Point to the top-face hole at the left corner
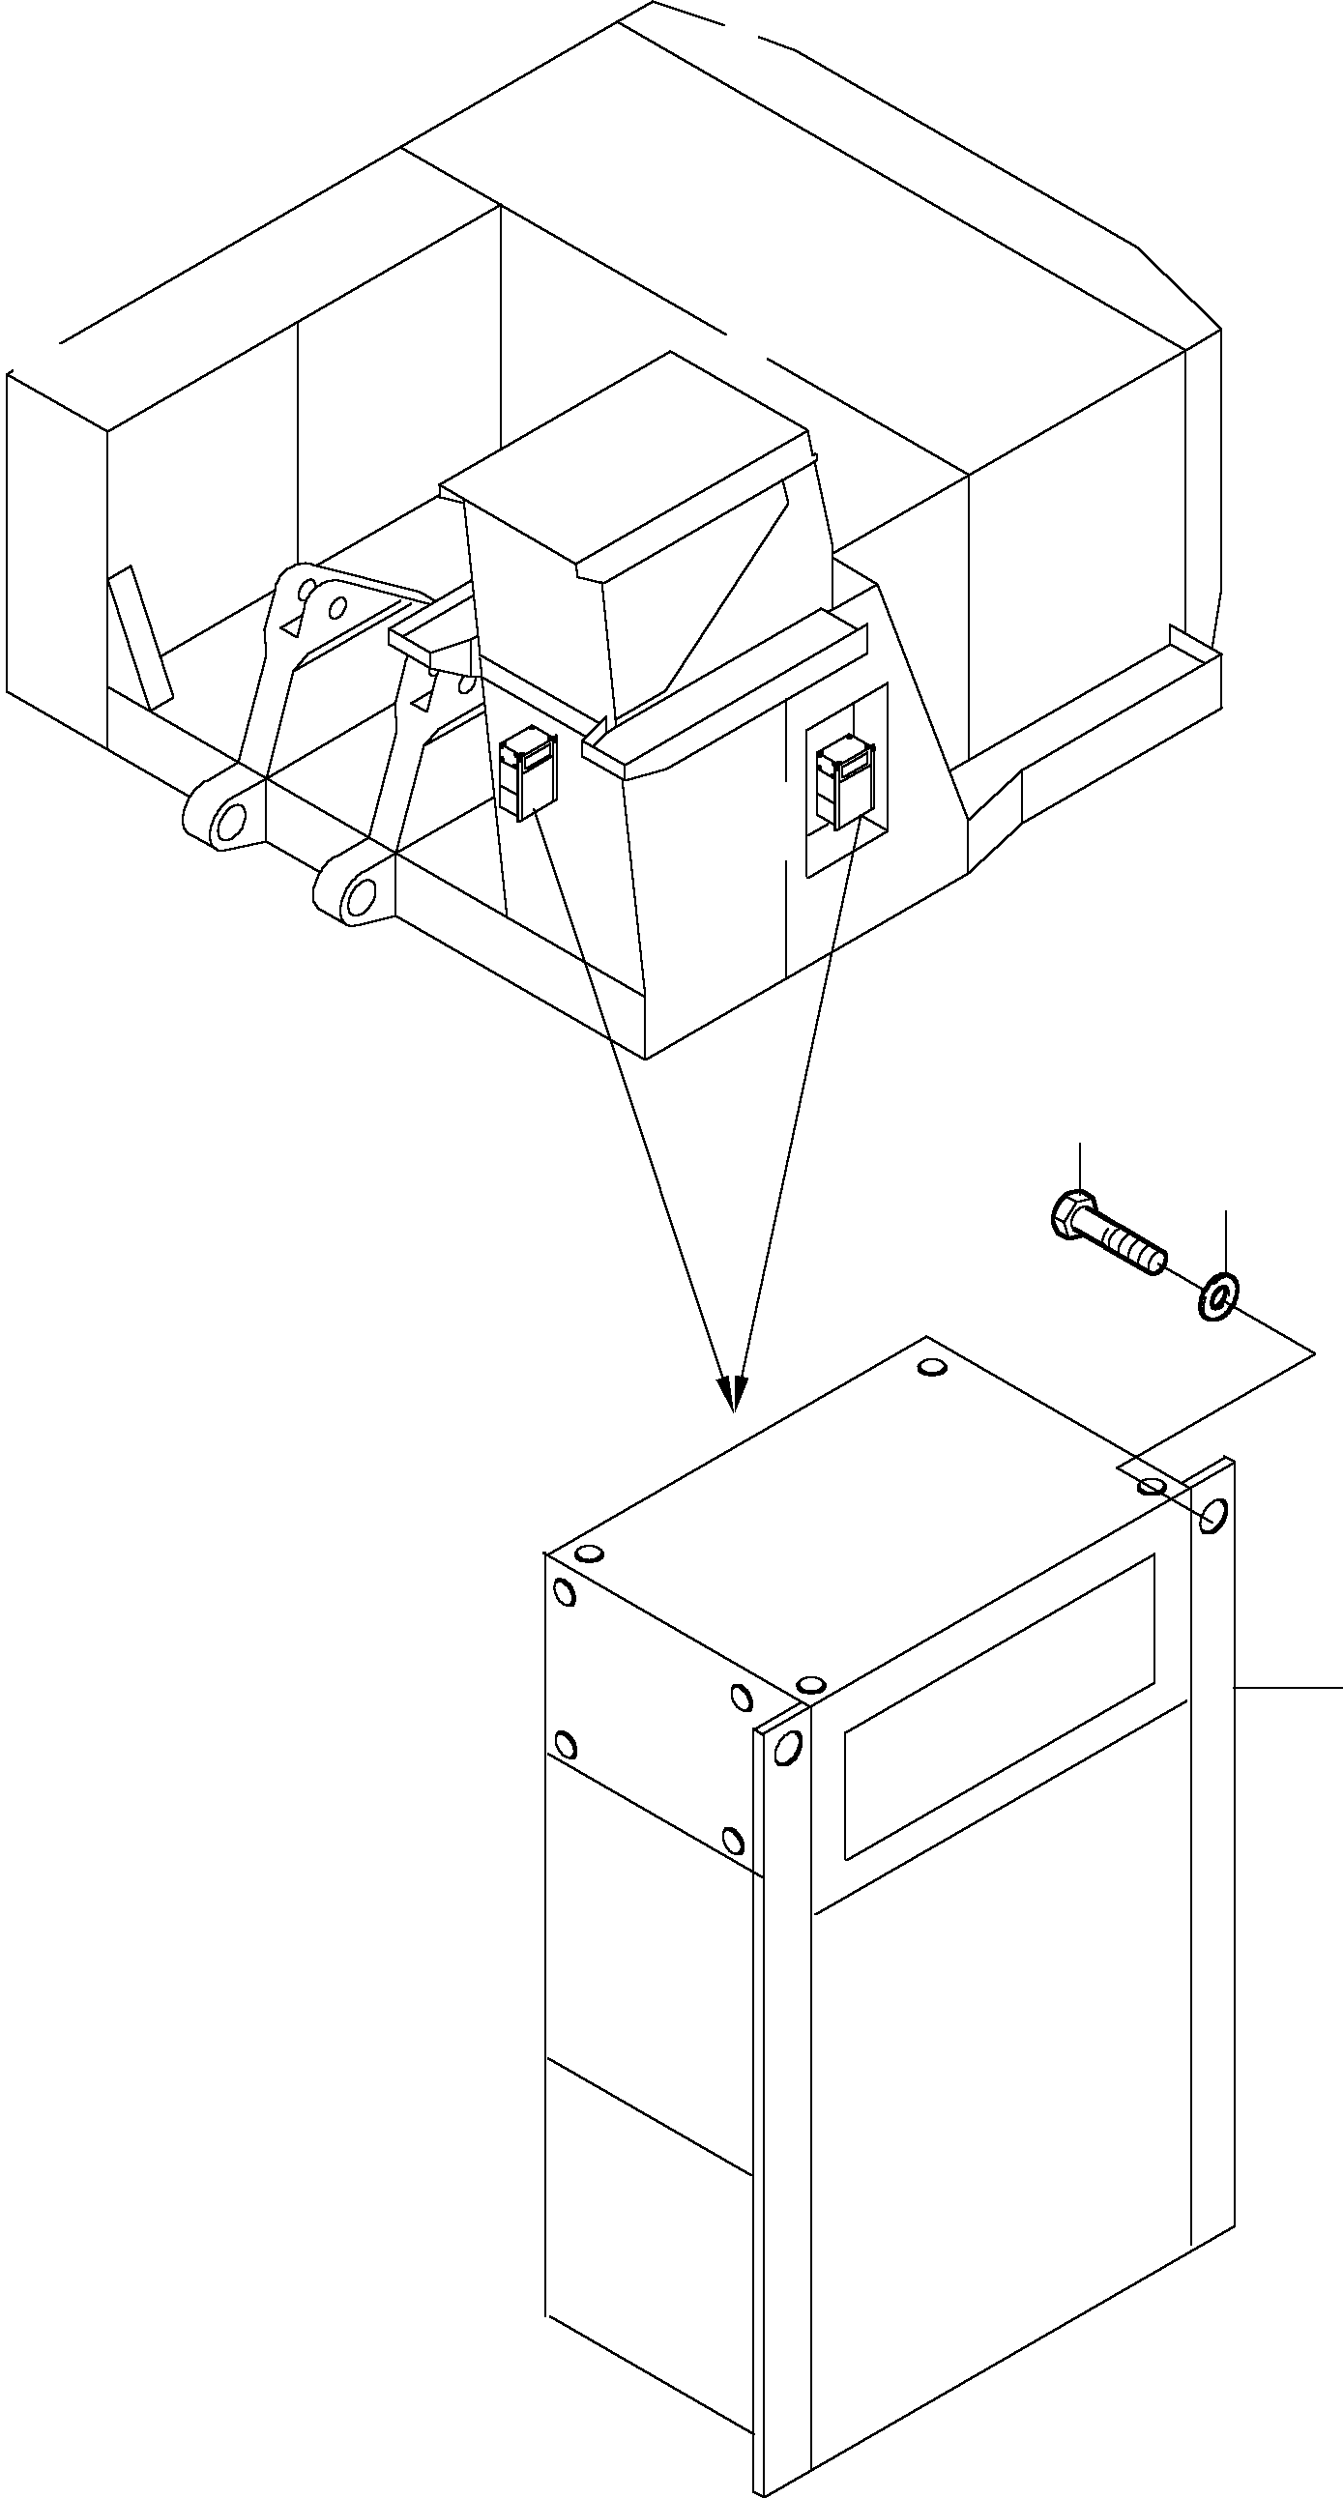tap(589, 1554)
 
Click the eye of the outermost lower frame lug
tap(232, 822)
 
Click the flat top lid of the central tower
tap(630, 455)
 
